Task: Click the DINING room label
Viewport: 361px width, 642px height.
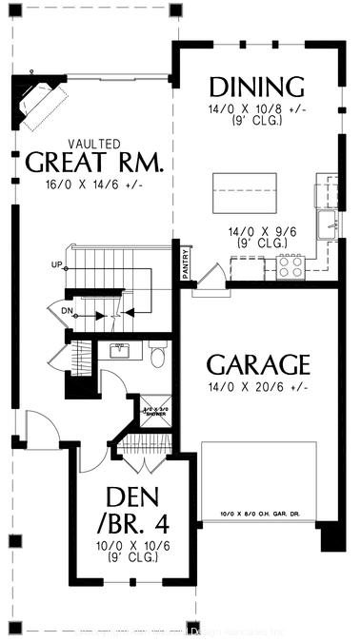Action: pyautogui.click(x=256, y=87)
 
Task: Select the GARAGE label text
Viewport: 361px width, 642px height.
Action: pyautogui.click(x=258, y=364)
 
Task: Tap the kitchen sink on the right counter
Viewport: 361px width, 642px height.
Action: pyautogui.click(x=332, y=224)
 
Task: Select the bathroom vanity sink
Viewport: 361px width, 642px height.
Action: pyautogui.click(x=120, y=351)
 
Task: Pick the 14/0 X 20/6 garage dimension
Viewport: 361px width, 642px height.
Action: pyautogui.click(x=257, y=388)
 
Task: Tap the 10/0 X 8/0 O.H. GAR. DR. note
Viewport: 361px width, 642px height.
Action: pyautogui.click(x=258, y=516)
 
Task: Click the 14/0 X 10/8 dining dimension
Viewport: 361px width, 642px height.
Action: pyautogui.click(x=256, y=109)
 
